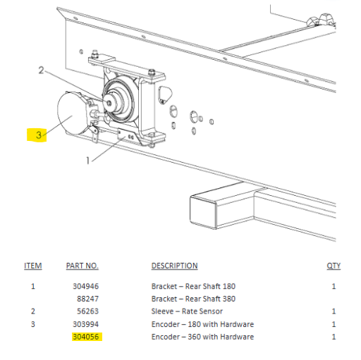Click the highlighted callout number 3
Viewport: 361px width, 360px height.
point(39,135)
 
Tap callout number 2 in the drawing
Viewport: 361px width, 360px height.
point(41,70)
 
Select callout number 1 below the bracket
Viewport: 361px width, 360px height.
point(88,161)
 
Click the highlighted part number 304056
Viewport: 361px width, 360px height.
point(86,337)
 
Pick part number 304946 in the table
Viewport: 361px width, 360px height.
point(86,286)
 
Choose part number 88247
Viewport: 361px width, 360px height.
point(88,299)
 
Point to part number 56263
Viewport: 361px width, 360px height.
point(88,311)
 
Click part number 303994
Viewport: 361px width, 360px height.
point(86,324)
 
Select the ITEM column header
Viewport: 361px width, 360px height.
point(33,266)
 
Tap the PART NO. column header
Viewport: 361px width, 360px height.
point(82,266)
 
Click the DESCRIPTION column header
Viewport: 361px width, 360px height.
point(175,266)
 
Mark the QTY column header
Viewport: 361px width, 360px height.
point(334,266)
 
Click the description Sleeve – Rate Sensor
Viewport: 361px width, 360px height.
point(187,311)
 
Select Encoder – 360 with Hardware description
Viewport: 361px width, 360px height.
point(202,337)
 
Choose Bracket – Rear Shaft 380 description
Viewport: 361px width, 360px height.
point(193,299)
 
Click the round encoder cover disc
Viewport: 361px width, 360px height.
point(71,113)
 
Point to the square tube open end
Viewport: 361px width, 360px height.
point(204,212)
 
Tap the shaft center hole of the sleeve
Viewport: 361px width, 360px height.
point(109,103)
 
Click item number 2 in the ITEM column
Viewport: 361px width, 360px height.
point(33,311)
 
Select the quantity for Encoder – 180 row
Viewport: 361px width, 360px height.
point(334,324)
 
